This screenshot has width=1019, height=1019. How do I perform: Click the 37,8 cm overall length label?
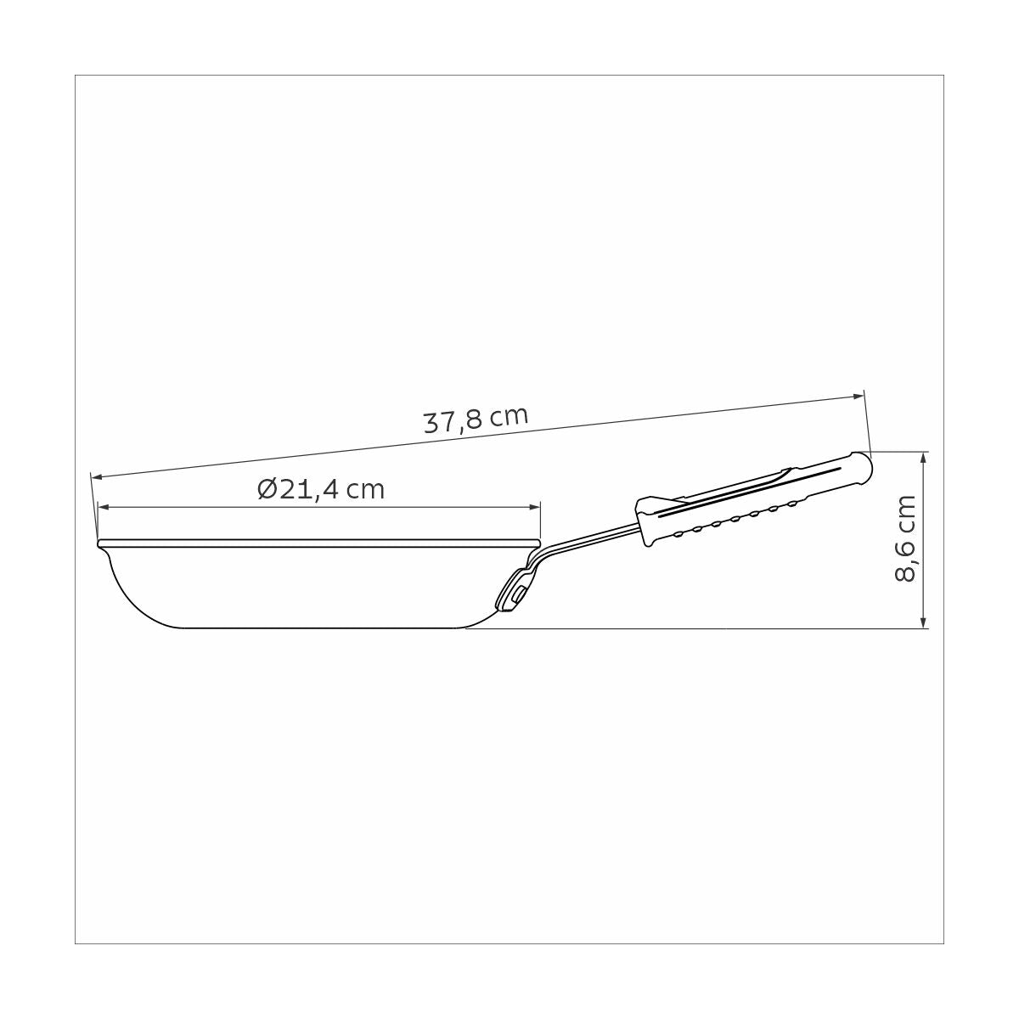[x=476, y=419]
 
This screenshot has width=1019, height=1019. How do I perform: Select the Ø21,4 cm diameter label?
[x=321, y=490]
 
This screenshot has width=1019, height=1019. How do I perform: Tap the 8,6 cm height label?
[x=904, y=539]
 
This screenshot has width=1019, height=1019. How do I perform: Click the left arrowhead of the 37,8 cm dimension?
[x=98, y=477]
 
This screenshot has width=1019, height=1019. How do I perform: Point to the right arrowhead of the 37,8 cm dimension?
[x=858, y=396]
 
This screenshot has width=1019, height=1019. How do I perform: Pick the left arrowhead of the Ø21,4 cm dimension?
[x=104, y=507]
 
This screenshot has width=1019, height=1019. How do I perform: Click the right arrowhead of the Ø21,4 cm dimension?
[x=535, y=507]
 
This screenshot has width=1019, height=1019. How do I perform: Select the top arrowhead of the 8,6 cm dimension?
[x=924, y=458]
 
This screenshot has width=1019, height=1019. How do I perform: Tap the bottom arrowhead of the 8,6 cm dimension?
[x=924, y=622]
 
